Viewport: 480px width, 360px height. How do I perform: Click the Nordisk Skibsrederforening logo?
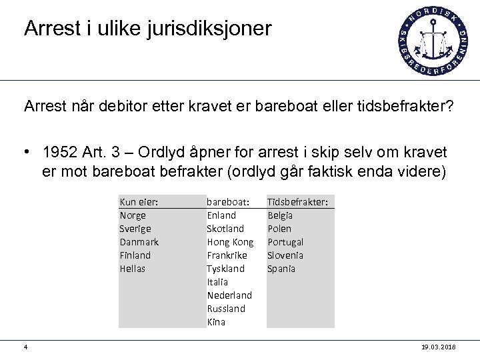432,41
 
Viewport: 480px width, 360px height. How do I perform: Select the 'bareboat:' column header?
227,201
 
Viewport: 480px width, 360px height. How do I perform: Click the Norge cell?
133,215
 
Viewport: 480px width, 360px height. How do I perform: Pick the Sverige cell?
135,229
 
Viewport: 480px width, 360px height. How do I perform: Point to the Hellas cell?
132,269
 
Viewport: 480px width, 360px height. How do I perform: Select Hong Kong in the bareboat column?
230,242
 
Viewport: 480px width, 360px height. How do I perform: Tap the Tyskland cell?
225,269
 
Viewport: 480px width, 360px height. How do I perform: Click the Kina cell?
216,322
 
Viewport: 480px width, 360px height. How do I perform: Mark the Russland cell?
226,309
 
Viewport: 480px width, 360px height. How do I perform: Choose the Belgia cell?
280,215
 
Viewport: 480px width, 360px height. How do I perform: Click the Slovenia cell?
285,255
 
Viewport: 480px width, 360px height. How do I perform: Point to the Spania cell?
281,269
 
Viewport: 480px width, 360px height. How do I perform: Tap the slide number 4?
25,347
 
